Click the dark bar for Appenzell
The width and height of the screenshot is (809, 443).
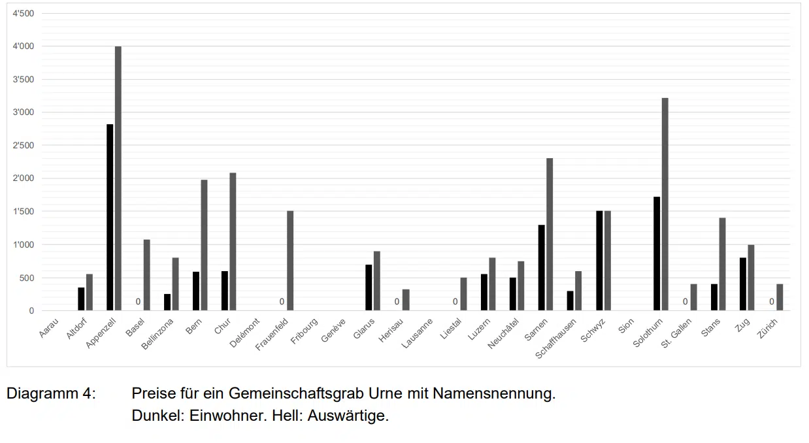point(110,218)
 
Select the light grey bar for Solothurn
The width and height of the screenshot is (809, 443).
point(665,205)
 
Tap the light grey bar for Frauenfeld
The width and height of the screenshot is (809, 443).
point(290,261)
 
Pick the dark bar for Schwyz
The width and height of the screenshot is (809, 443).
point(599,261)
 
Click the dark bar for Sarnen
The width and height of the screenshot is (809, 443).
point(541,268)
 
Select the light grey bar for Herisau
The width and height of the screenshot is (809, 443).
point(406,300)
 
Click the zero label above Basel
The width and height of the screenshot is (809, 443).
point(139,302)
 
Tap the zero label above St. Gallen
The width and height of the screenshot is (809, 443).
point(685,302)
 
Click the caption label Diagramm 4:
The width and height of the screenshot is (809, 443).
point(51,394)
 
